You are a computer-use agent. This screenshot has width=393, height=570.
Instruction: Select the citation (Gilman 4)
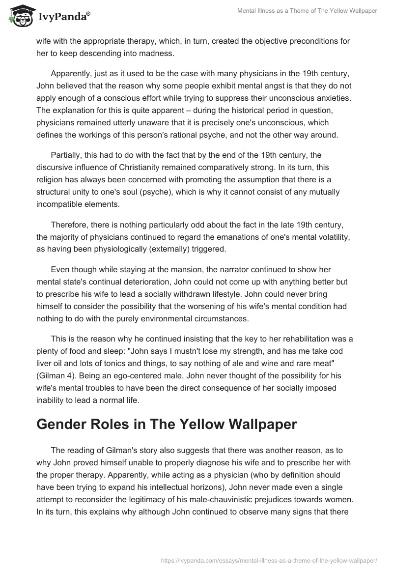tap(59, 376)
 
